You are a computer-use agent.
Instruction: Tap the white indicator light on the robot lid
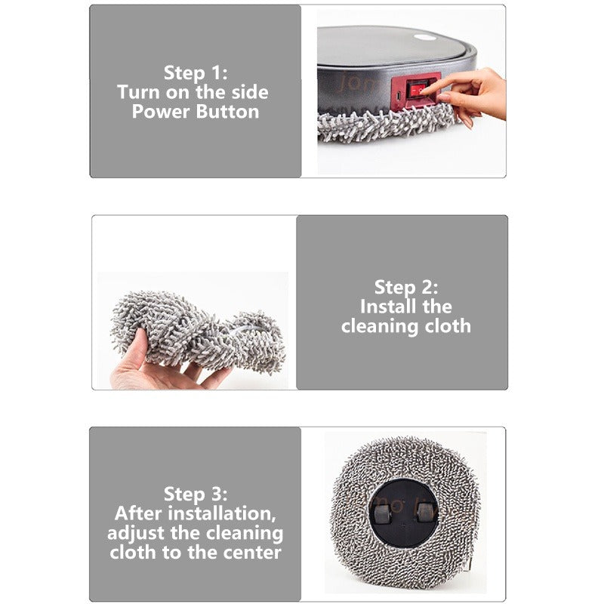coord(425,38)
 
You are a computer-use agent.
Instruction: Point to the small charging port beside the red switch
coord(399,95)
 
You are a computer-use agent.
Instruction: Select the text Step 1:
coord(196,72)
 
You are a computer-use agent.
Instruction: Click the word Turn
coord(139,92)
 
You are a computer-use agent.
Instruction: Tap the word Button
coord(227,111)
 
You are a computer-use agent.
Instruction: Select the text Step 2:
coord(406,288)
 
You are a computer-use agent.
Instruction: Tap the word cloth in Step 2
coord(448,326)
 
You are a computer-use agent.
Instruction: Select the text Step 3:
coord(196,494)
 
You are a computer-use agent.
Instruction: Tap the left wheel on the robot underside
coord(383,513)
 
